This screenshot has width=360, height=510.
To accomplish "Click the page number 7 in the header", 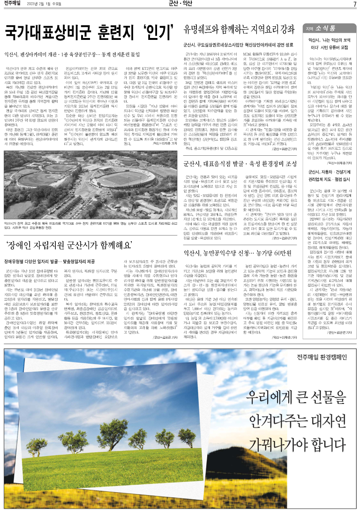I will (354, 4).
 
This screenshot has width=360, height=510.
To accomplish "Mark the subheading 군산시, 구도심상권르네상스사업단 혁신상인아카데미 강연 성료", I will (238, 45).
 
